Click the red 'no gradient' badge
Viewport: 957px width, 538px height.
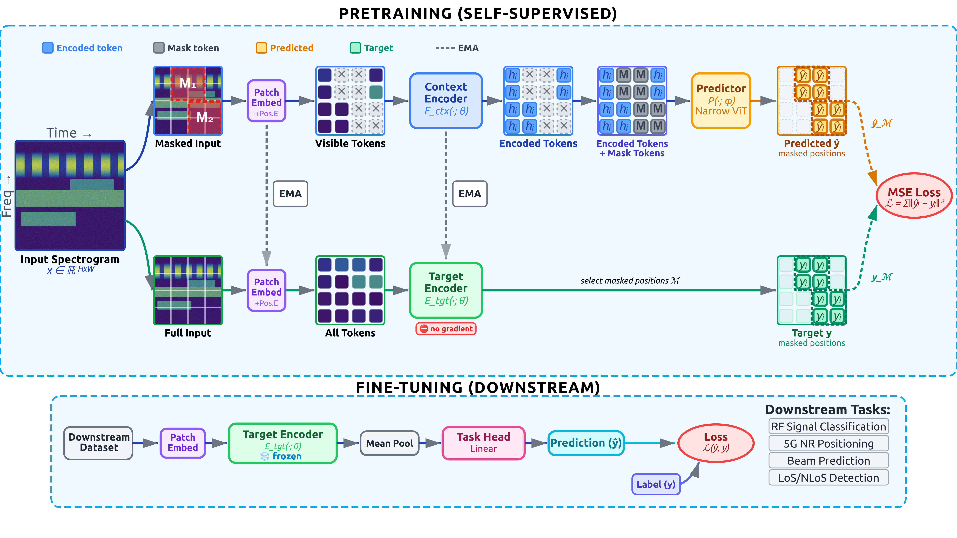[x=446, y=329]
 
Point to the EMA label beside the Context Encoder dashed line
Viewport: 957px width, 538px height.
[x=470, y=194]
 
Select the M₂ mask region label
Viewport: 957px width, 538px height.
[x=205, y=117]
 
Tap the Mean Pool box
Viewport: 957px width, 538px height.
[x=389, y=443]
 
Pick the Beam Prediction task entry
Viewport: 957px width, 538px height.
[x=828, y=461]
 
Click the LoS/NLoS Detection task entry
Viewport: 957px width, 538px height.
[x=828, y=478]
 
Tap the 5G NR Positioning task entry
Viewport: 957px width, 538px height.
[x=828, y=444]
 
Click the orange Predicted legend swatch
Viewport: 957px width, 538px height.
[x=261, y=48]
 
